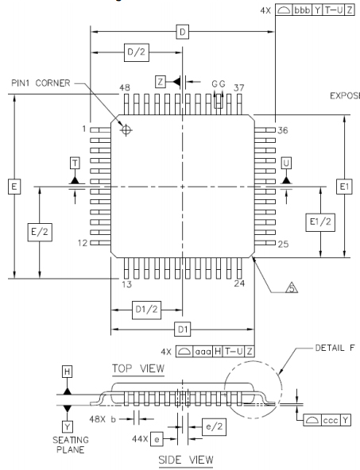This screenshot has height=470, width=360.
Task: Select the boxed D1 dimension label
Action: coord(182,328)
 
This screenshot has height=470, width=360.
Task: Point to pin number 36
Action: coord(281,129)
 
